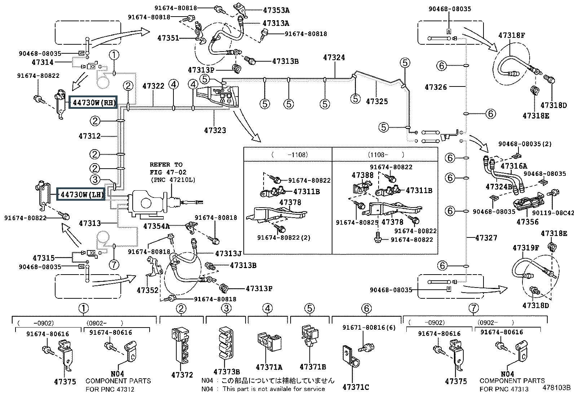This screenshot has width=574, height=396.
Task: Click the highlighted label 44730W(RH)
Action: tap(93, 102)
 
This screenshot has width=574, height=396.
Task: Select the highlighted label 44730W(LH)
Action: tap(81, 195)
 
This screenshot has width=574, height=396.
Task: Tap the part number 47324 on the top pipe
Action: tap(334, 58)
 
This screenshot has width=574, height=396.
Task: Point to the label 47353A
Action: tap(276, 10)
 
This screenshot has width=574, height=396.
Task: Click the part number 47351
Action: tap(168, 38)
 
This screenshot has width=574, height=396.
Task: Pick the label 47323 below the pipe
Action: tap(215, 130)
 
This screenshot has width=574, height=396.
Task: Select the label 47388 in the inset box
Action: tap(362, 175)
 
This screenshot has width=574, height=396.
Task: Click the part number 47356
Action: tap(527, 222)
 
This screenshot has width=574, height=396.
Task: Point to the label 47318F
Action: tap(512, 35)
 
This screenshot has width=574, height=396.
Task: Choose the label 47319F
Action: tap(526, 248)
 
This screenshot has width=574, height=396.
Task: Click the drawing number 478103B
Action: tap(557, 387)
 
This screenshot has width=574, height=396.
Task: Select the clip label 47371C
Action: tap(356, 387)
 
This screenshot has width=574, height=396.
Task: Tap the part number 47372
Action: tap(182, 375)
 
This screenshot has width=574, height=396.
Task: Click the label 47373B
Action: tap(226, 371)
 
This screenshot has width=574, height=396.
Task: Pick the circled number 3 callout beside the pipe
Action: tap(95, 179)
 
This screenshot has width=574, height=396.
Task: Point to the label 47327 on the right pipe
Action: tap(486, 238)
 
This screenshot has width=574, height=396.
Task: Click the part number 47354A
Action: tap(156, 226)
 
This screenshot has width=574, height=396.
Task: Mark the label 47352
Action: tap(147, 290)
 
